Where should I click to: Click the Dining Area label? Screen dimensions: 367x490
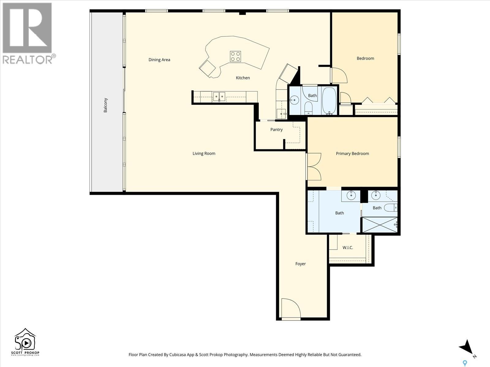[159, 60]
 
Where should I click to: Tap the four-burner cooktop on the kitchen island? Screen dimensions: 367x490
[235, 57]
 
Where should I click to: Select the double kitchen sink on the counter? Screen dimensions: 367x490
[219, 97]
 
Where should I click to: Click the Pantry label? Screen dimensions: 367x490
[276, 130]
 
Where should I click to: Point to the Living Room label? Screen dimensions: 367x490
[204, 154]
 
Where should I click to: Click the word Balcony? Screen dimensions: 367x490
[105, 105]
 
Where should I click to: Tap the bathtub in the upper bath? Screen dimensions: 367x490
[329, 101]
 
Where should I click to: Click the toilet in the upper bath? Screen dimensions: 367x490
[308, 108]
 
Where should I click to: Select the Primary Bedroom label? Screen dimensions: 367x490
[352, 154]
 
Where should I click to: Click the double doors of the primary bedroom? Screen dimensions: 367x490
[314, 167]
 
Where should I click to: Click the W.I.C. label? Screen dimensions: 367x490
[348, 247]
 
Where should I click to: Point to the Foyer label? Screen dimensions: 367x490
[300, 264]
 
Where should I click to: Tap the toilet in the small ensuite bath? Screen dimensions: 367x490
[391, 208]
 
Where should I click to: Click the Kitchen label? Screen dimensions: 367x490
[243, 78]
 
